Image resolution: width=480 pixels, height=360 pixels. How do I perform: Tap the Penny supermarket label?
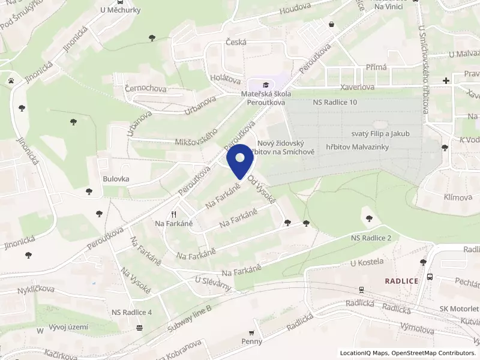click(x=252, y=341)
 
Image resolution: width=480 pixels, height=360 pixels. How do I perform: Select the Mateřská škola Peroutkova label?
click(x=266, y=98)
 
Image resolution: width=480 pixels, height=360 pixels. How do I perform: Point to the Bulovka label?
click(x=116, y=179)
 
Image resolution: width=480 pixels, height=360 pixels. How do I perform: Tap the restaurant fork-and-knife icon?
click(x=174, y=214)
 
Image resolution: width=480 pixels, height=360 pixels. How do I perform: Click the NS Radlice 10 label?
click(x=335, y=103)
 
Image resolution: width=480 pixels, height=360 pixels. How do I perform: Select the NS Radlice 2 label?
click(x=371, y=238)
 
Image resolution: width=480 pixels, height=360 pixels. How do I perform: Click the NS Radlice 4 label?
click(x=131, y=313)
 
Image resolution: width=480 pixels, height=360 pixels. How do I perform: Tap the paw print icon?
click(x=11, y=80)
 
